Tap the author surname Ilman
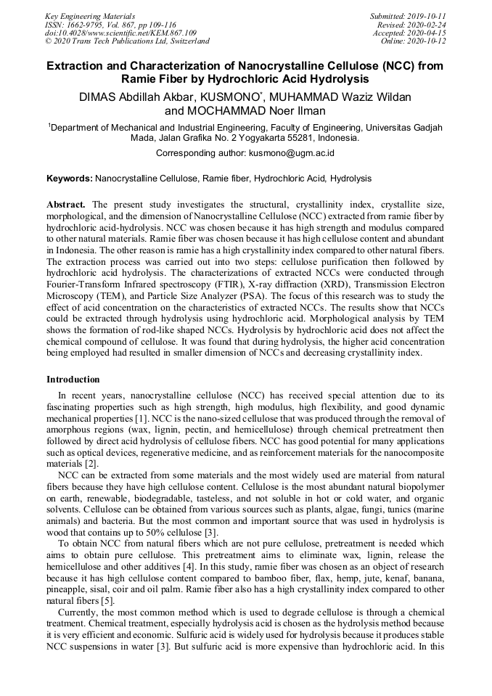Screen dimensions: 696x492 tap(311, 111)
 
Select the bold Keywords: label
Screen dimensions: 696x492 tap(70, 178)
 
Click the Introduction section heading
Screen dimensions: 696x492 tap(73, 380)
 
